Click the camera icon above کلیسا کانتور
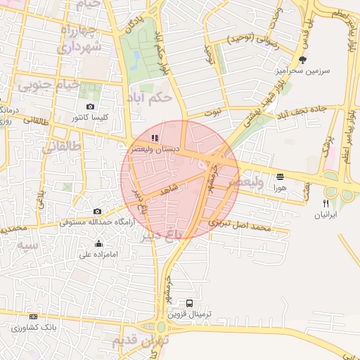pos(90,106)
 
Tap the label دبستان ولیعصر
pos(155,149)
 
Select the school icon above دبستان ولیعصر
pos(155,139)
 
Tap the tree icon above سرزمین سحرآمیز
pos(302,60)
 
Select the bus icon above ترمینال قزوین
pos(189,304)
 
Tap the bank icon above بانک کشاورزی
pos(34,318)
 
